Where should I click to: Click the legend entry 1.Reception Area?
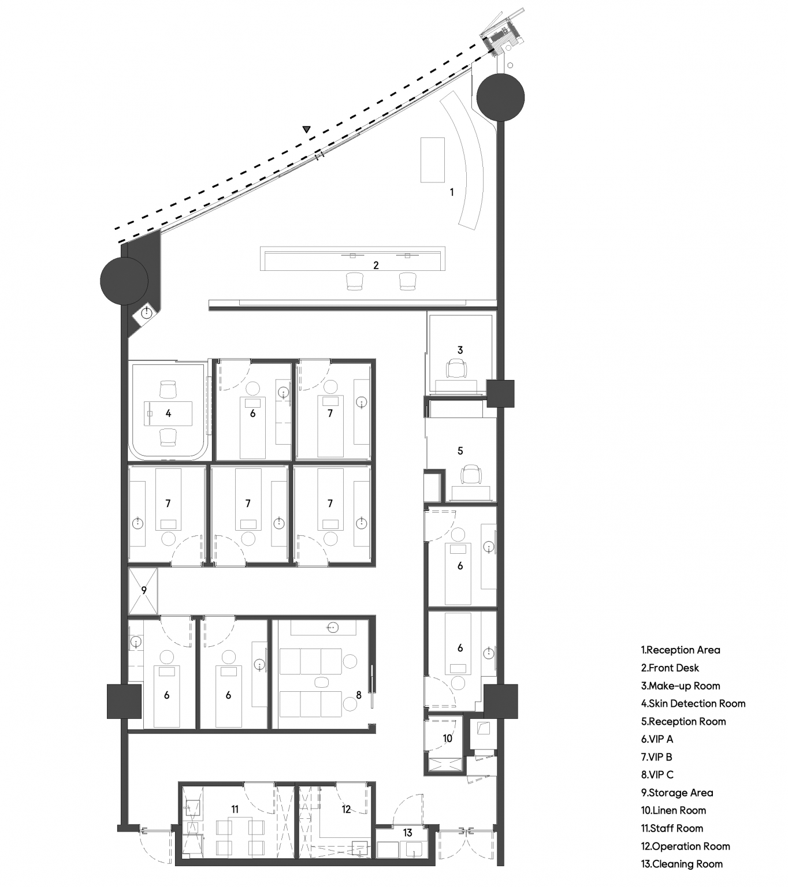(x=680, y=650)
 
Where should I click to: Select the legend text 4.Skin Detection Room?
(x=693, y=703)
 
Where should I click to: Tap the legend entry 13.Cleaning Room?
(x=682, y=864)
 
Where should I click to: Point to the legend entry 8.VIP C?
(x=657, y=775)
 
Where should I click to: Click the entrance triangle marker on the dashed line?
(x=307, y=129)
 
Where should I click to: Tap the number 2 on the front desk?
(x=376, y=265)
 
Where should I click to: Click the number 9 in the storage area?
(x=144, y=590)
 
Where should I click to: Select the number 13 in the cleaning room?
(x=407, y=833)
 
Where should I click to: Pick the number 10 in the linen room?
(x=447, y=739)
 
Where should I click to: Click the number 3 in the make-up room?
(x=460, y=351)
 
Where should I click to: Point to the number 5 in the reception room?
(x=460, y=451)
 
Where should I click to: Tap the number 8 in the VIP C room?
(x=359, y=695)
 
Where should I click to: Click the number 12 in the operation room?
(x=346, y=810)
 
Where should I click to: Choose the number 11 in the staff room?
(x=235, y=809)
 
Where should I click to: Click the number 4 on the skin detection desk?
(x=168, y=413)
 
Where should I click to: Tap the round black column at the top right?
(x=500, y=97)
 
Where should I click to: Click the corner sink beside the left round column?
(x=147, y=313)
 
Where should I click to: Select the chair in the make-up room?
(x=456, y=368)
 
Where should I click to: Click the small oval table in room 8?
(x=322, y=682)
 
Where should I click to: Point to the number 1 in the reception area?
(x=452, y=192)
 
